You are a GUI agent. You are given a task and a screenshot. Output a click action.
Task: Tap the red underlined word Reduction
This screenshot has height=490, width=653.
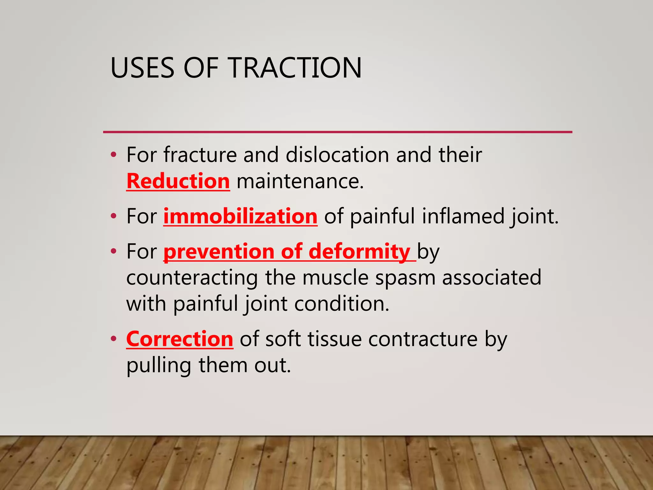(178, 181)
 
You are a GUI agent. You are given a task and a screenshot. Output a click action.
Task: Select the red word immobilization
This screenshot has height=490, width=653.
(240, 216)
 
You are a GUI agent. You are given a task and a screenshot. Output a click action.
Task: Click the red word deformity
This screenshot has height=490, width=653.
(359, 252)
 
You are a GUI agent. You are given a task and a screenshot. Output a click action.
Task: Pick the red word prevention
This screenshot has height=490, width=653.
(219, 252)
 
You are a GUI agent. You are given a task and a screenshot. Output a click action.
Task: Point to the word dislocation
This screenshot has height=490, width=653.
(337, 155)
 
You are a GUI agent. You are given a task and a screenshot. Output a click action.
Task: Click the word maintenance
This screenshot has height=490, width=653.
(300, 181)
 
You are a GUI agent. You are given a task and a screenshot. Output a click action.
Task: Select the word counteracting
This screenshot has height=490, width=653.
(192, 278)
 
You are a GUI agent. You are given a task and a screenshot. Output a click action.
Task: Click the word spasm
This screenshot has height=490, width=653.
(405, 278)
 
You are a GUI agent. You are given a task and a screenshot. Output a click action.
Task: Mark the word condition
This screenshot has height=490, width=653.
(341, 303)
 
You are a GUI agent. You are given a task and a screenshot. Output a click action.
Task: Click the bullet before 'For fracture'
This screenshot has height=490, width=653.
(114, 155)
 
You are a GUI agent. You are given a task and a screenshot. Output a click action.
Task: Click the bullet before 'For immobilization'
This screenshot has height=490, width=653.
(114, 217)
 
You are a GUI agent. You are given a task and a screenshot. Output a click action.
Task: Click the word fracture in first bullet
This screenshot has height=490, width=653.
(200, 155)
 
